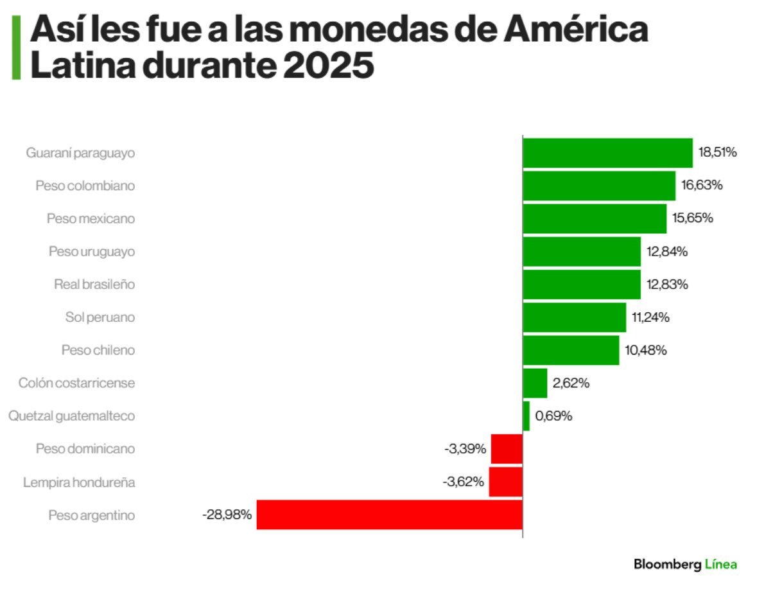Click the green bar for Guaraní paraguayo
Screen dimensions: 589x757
607,153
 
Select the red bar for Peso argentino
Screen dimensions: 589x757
389,514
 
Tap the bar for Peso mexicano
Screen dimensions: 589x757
595,218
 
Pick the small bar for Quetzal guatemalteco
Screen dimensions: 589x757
526,416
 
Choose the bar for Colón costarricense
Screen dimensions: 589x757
535,383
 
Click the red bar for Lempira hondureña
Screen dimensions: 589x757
506,482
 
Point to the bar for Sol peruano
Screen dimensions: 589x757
574,317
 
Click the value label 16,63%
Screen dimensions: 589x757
702,186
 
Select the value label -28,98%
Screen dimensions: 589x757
227,514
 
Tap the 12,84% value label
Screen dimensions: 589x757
667,252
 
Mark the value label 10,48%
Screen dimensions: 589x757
646,350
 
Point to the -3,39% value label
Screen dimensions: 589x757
464,448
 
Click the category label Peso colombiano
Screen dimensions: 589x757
85,186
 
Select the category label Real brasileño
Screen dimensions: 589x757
94,284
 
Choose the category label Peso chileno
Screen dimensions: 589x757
98,350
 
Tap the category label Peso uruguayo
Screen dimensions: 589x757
92,252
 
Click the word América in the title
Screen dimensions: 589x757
575,31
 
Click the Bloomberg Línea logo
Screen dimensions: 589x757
685,565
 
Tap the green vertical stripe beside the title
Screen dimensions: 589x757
16,48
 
